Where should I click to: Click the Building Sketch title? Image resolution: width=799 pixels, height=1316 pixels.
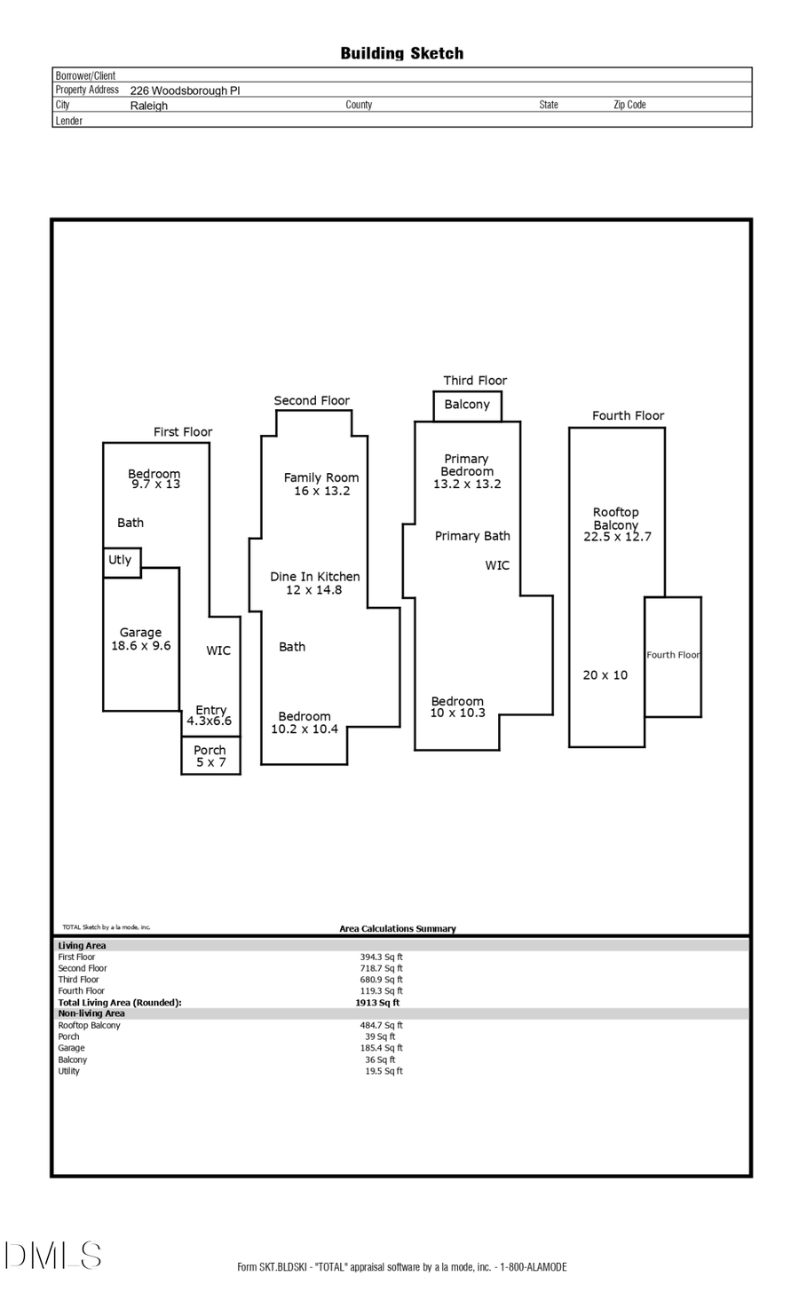tap(401, 53)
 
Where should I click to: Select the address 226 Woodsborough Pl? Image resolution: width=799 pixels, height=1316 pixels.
tap(185, 91)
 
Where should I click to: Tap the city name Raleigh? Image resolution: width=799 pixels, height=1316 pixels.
tap(148, 106)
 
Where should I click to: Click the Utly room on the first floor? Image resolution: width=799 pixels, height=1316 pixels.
tap(121, 562)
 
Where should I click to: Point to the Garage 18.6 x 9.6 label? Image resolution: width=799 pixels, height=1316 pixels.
tap(140, 639)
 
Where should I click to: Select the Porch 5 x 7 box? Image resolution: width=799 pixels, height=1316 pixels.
tap(210, 756)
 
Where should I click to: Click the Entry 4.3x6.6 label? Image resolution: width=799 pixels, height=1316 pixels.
tap(210, 715)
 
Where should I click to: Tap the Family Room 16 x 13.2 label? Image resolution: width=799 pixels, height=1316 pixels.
tap(321, 484)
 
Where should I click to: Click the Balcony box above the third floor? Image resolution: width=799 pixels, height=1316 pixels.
tap(467, 405)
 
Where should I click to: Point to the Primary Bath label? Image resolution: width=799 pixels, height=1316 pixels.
tap(472, 536)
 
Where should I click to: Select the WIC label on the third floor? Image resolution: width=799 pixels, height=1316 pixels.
tap(497, 565)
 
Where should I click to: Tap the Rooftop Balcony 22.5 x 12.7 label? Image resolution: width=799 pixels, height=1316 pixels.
tap(617, 524)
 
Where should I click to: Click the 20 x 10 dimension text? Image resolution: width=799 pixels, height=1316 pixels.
tap(605, 675)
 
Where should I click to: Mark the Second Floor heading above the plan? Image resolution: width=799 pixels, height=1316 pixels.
tap(312, 400)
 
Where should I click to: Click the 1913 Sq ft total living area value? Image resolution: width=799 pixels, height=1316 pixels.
tap(377, 1003)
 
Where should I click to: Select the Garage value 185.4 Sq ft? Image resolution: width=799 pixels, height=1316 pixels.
tap(381, 1048)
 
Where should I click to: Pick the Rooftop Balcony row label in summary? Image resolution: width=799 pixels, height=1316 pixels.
tap(89, 1025)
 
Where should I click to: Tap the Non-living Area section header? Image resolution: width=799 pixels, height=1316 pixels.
tap(91, 1013)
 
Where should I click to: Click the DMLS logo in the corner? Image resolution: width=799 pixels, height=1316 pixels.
tap(53, 1256)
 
